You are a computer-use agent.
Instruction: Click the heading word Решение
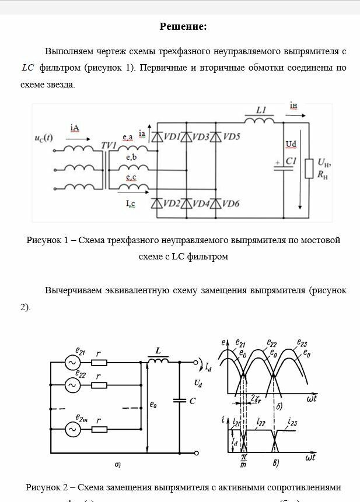(x=183, y=27)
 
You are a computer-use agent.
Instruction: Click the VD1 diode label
(x=172, y=136)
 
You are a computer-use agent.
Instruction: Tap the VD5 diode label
(x=231, y=136)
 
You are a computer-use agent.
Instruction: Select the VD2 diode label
(x=172, y=203)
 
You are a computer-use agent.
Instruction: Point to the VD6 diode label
(x=231, y=203)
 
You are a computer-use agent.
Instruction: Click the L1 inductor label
(x=261, y=110)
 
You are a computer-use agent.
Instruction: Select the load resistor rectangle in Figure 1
(x=307, y=168)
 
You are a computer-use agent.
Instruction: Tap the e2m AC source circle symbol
(x=74, y=429)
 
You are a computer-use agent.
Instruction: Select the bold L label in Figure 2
(x=158, y=351)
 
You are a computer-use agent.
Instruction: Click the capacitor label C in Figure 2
(x=192, y=402)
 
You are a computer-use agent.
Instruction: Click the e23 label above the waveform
(x=302, y=343)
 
